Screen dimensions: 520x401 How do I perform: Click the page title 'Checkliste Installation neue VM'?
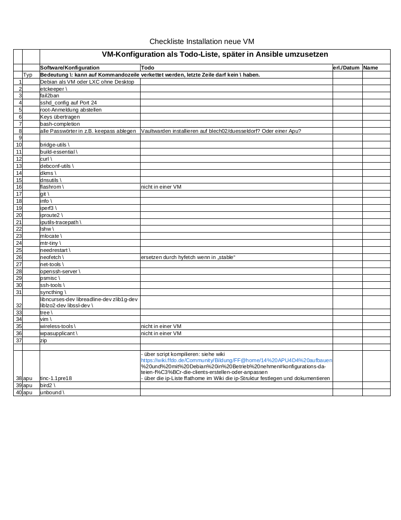click(201, 42)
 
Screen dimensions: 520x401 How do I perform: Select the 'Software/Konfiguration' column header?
click(70, 68)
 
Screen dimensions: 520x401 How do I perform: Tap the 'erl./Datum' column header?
click(346, 68)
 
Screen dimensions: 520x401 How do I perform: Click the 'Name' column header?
click(371, 68)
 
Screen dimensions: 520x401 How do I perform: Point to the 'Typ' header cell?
click(28, 75)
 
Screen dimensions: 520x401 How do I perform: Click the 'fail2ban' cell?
click(50, 95)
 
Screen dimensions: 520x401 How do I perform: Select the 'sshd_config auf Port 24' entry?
click(68, 103)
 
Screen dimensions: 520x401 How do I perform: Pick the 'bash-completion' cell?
click(60, 124)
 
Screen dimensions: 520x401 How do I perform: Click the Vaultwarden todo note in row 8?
click(221, 131)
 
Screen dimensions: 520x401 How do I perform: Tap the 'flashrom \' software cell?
click(52, 187)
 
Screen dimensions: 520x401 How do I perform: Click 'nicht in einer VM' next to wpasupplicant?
click(161, 333)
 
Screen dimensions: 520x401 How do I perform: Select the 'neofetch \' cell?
click(52, 257)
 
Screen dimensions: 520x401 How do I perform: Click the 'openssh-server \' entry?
click(60, 271)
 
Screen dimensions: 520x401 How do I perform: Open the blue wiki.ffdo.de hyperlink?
click(236, 360)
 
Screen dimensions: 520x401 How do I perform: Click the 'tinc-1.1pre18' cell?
click(56, 378)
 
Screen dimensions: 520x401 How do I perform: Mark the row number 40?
click(19, 392)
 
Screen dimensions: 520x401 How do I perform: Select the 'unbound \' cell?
click(52, 392)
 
